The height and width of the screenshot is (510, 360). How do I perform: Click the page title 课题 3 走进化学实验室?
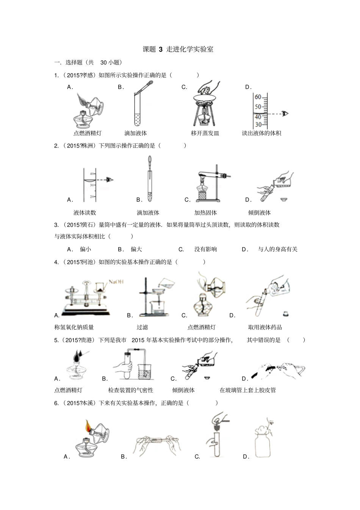pos(178,49)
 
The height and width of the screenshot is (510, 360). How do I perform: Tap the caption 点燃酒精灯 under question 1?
pos(88,133)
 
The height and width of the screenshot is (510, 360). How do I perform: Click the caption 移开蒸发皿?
pos(205,133)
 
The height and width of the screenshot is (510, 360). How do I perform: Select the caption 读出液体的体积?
pos(261,133)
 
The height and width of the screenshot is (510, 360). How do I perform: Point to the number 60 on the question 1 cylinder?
pos(258,97)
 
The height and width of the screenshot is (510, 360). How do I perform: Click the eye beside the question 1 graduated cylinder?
pos(285,113)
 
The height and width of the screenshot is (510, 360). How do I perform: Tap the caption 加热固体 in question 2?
pos(205,213)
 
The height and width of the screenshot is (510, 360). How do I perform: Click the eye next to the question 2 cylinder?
pos(110,180)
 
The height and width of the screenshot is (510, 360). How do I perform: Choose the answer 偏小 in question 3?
pos(85,249)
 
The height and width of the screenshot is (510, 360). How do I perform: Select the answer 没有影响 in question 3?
pos(205,249)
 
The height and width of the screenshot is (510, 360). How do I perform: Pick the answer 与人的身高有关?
pos(277,249)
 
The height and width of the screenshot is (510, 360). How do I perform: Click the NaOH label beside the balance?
pos(116,281)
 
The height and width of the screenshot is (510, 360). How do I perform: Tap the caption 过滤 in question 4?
pos(142,327)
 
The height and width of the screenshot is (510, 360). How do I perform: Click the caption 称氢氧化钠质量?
pos(74,327)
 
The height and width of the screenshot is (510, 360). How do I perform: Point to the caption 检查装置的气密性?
pos(131,390)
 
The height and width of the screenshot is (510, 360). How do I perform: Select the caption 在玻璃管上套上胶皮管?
pos(248,390)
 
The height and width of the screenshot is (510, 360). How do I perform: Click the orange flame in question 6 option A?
pos(88,427)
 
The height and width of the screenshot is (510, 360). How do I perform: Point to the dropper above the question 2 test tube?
pos(149,167)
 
